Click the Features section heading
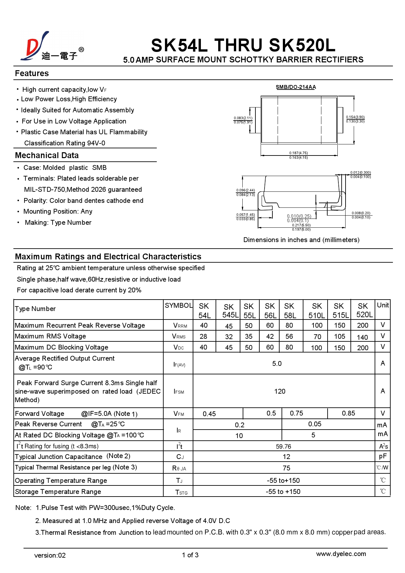tap(32, 74)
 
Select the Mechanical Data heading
tap(47, 156)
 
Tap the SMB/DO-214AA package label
tap(296, 87)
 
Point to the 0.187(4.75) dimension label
tap(298, 153)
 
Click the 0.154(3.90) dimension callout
tap(355, 117)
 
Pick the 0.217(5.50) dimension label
tap(301, 225)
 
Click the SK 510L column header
tap(316, 310)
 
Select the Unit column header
tap(382, 305)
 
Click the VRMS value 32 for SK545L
tap(229, 337)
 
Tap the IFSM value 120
tap(280, 391)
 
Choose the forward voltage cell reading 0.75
tap(296, 413)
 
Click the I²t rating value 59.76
tap(283, 447)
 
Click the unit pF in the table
tap(382, 456)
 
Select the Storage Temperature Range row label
tap(58, 492)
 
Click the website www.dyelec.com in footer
tap(341, 554)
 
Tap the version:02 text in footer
tap(50, 555)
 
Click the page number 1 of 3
tap(190, 555)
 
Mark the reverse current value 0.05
tap(315, 424)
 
